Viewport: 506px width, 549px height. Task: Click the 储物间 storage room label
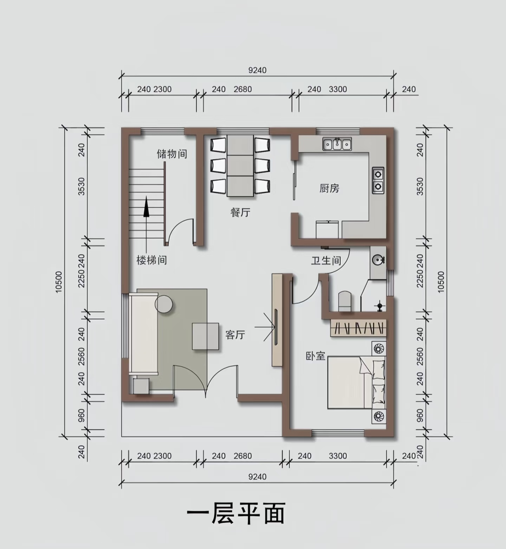point(171,154)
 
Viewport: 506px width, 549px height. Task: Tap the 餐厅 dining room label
point(240,212)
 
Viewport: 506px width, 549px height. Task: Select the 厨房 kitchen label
point(329,188)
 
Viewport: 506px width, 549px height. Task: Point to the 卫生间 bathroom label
point(326,260)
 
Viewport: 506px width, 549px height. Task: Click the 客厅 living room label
point(235,335)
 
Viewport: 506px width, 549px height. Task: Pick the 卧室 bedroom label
point(315,356)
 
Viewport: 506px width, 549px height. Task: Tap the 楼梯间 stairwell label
point(151,260)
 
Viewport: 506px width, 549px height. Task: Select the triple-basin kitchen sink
point(337,144)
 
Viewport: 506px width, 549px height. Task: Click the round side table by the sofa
point(164,304)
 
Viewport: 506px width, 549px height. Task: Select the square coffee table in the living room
point(206,336)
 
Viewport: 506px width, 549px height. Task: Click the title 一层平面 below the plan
point(236,514)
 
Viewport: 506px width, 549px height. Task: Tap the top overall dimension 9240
point(258,70)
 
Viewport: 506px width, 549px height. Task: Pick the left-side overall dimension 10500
point(59,282)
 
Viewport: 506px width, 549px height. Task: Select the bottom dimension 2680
point(243,456)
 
